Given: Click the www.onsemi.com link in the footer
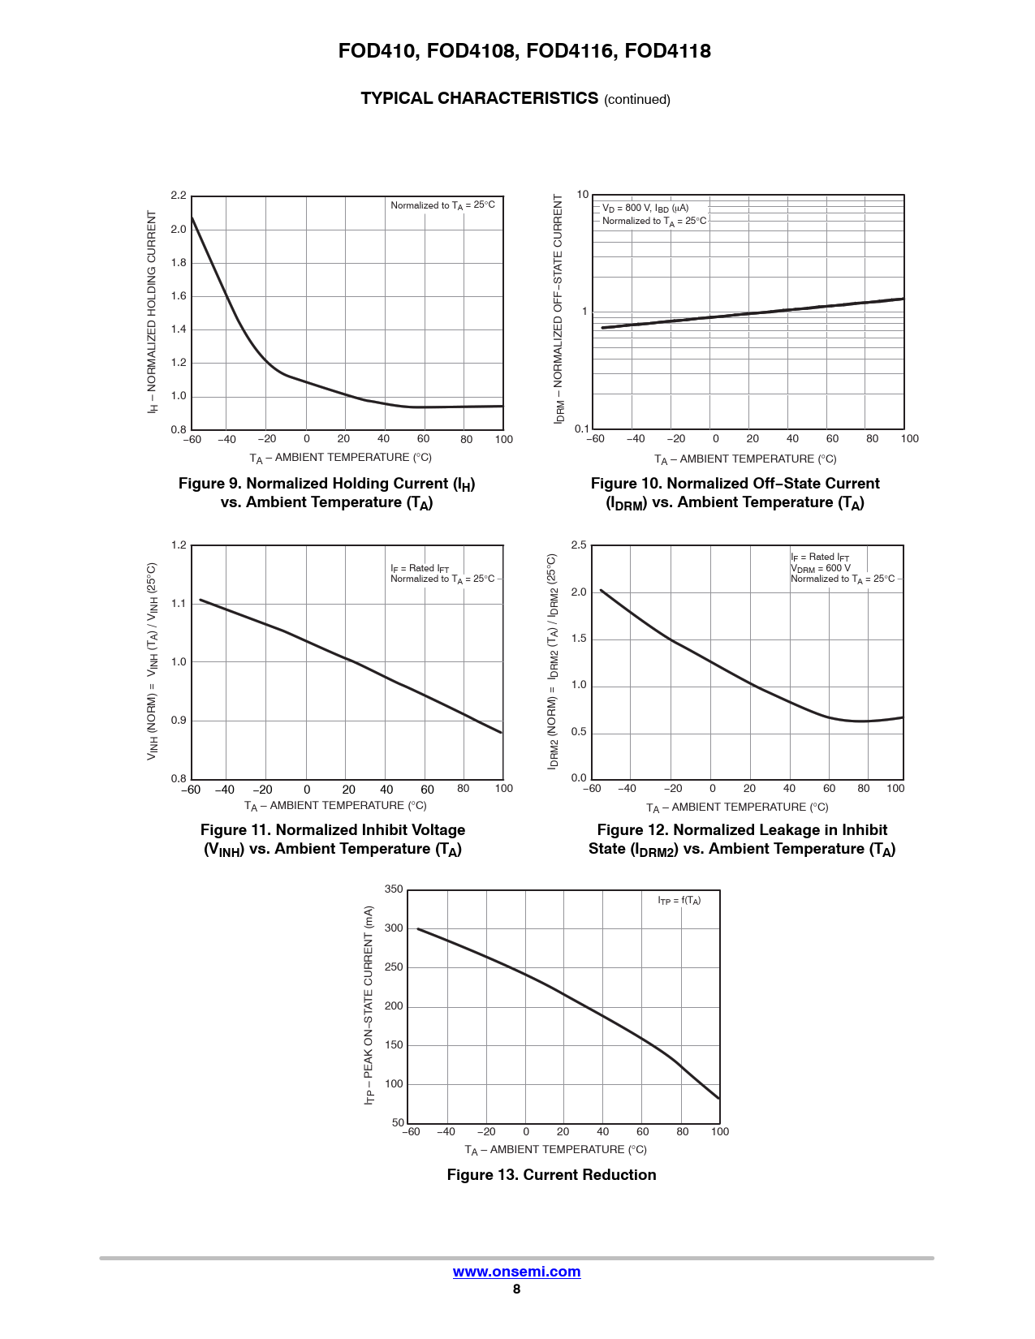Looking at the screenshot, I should point(516,1272).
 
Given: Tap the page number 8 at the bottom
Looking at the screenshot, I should point(516,1289).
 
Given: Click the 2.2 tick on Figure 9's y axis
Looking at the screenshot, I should point(179,196).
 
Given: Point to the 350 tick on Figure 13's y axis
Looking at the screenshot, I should point(394,889).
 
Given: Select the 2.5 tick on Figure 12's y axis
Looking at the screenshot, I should point(578,545).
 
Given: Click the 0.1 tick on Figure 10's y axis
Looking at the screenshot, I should point(581,429).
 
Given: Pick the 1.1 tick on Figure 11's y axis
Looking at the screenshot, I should point(179,604).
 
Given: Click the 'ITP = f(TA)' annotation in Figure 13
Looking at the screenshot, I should point(679,901).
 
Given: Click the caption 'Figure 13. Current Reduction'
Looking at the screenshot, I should point(551,1175).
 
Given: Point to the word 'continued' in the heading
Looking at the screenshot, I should point(637,100).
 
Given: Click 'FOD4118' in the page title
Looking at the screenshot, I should point(667,51).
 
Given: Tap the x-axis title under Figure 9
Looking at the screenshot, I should point(340,459).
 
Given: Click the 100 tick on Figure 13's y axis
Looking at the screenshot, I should point(394,1084).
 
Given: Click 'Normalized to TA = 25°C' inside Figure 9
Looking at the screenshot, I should point(442,205).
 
